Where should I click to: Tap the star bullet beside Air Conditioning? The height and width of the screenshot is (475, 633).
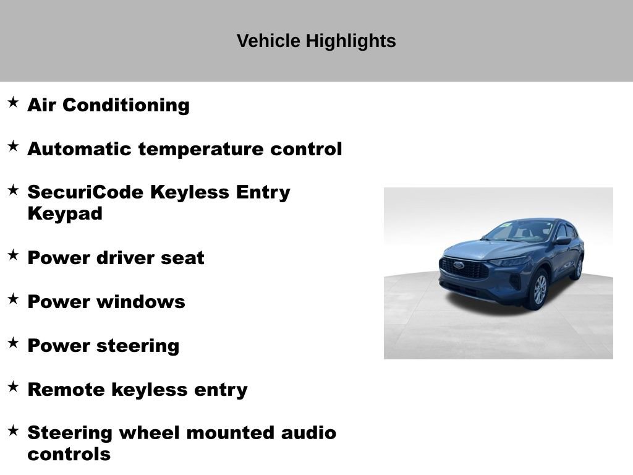(x=13, y=102)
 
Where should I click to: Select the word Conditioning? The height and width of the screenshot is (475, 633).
(x=126, y=105)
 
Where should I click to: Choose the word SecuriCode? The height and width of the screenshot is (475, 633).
(x=85, y=192)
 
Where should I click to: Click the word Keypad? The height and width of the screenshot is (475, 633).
(x=65, y=214)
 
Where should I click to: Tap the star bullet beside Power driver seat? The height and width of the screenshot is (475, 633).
(x=13, y=255)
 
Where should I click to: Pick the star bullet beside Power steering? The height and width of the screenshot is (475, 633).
(x=13, y=343)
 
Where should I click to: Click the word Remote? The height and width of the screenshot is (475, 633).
(x=67, y=390)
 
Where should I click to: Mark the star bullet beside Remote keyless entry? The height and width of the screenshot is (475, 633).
(x=13, y=387)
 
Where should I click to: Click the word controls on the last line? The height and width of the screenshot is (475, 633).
(x=69, y=455)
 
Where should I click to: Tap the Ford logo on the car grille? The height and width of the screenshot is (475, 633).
(x=458, y=265)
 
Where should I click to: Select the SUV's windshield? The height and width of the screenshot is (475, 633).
(x=520, y=231)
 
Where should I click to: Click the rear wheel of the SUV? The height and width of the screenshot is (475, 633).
(x=579, y=268)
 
